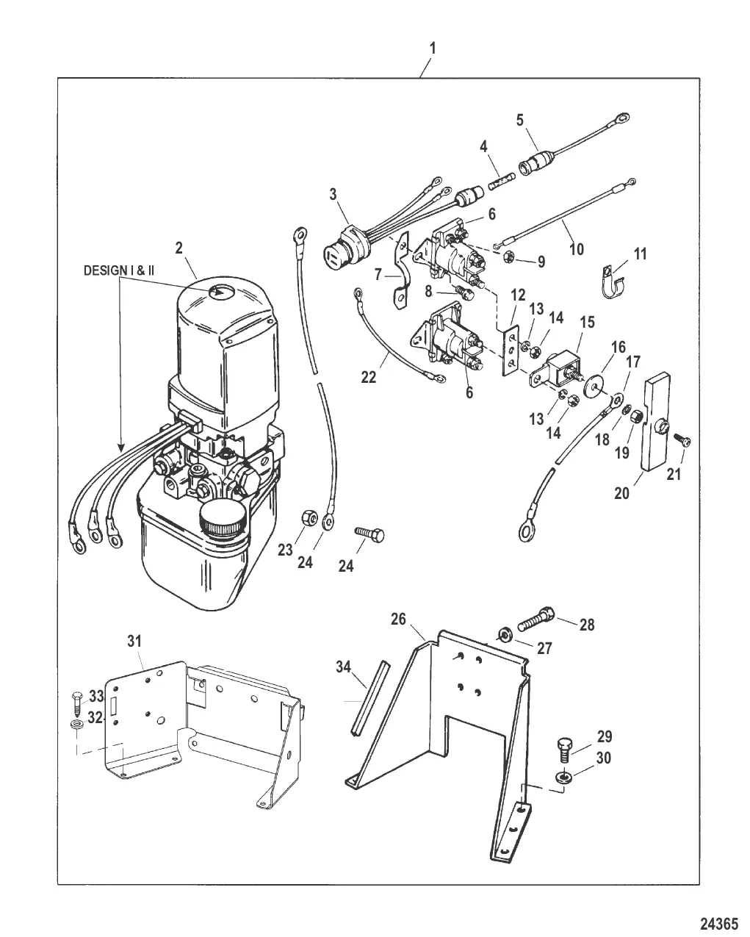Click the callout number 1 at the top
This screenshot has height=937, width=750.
(x=432, y=48)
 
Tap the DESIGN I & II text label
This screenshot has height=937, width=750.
(x=119, y=270)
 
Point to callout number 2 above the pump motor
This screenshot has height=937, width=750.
(x=179, y=248)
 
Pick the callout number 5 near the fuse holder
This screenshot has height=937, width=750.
(x=520, y=121)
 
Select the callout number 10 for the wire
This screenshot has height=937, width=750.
(x=577, y=249)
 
